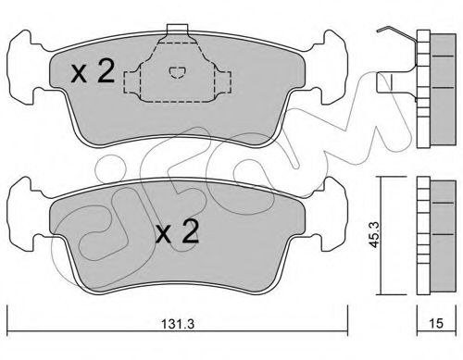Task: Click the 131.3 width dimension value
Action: tap(177, 325)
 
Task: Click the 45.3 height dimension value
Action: tap(375, 235)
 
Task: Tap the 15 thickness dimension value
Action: tap(436, 323)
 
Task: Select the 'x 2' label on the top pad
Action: tap(93, 71)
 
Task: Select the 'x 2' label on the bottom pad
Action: tap(177, 232)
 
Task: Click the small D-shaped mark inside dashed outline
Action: tap(177, 72)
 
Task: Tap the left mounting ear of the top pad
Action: tap(23, 68)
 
